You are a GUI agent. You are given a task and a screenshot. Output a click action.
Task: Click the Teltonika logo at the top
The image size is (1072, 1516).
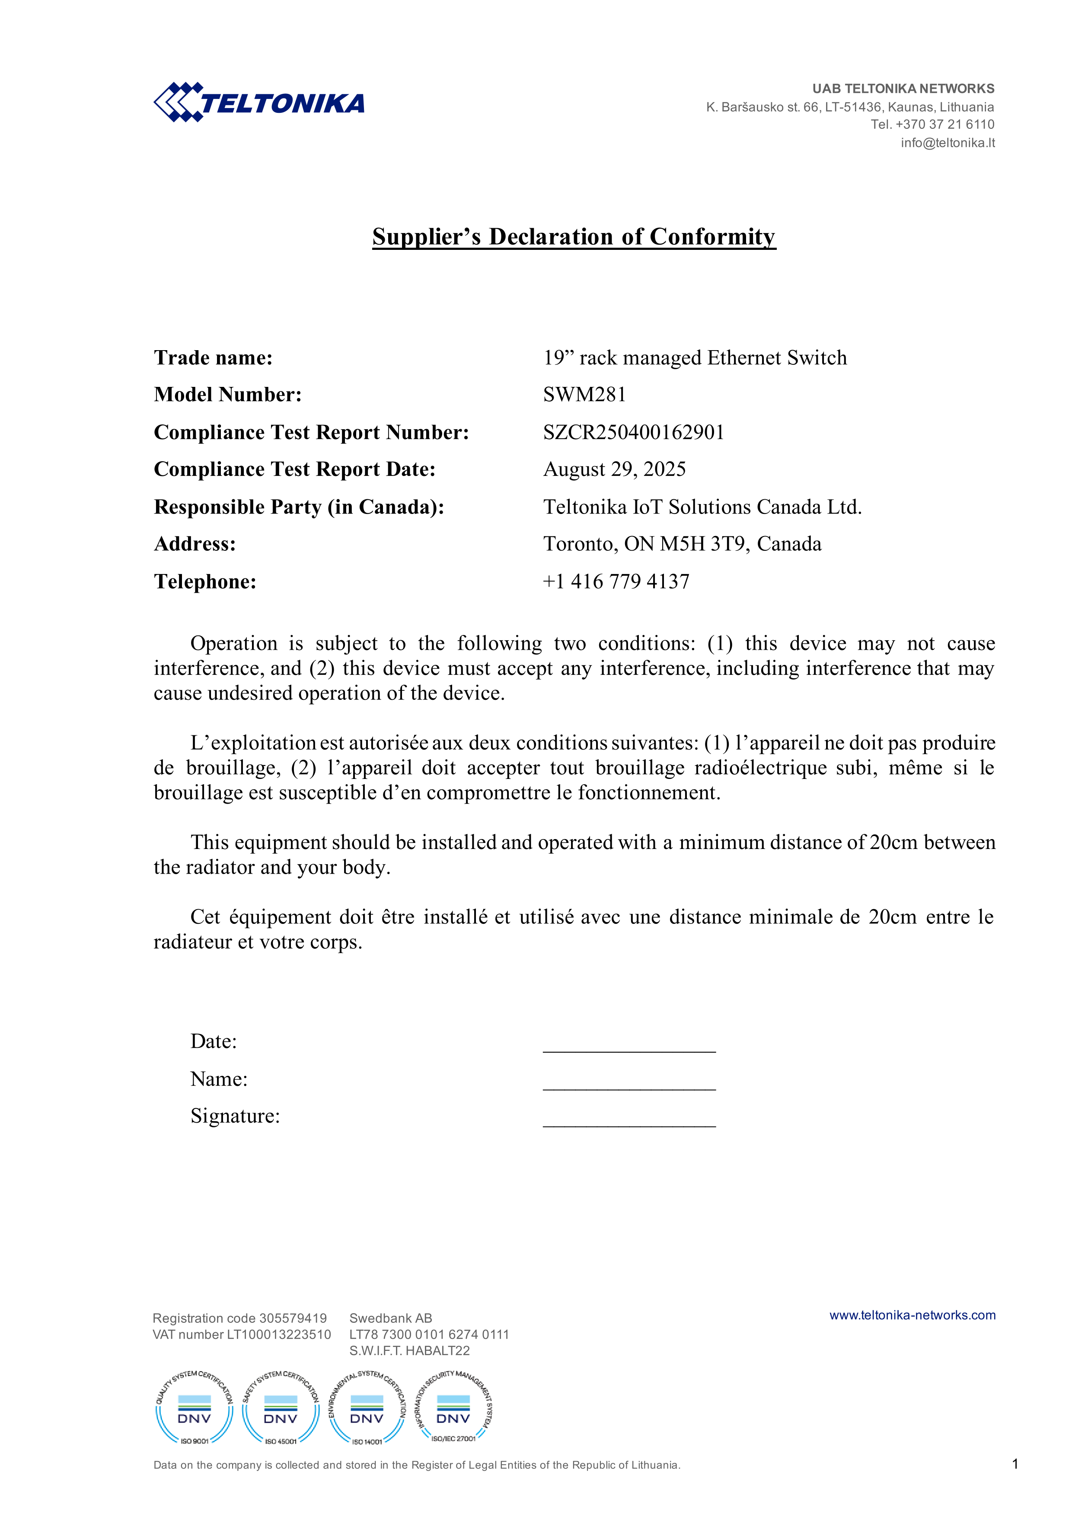[259, 102]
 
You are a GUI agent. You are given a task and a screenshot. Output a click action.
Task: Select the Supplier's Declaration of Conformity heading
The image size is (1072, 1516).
[574, 236]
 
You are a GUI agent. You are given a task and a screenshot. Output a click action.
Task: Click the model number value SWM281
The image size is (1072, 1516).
[584, 394]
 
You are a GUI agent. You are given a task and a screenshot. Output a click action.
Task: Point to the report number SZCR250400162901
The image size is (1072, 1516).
[633, 432]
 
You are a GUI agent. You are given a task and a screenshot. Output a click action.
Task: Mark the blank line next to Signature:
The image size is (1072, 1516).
[629, 1120]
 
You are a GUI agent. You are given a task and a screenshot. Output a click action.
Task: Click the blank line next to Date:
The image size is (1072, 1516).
[629, 1046]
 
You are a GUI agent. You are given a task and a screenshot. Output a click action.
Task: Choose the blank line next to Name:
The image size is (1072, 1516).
[629, 1084]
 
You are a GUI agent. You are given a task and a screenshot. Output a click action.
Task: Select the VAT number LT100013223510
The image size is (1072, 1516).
[242, 1334]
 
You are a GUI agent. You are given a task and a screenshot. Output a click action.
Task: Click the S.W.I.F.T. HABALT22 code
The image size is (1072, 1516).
[409, 1350]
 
